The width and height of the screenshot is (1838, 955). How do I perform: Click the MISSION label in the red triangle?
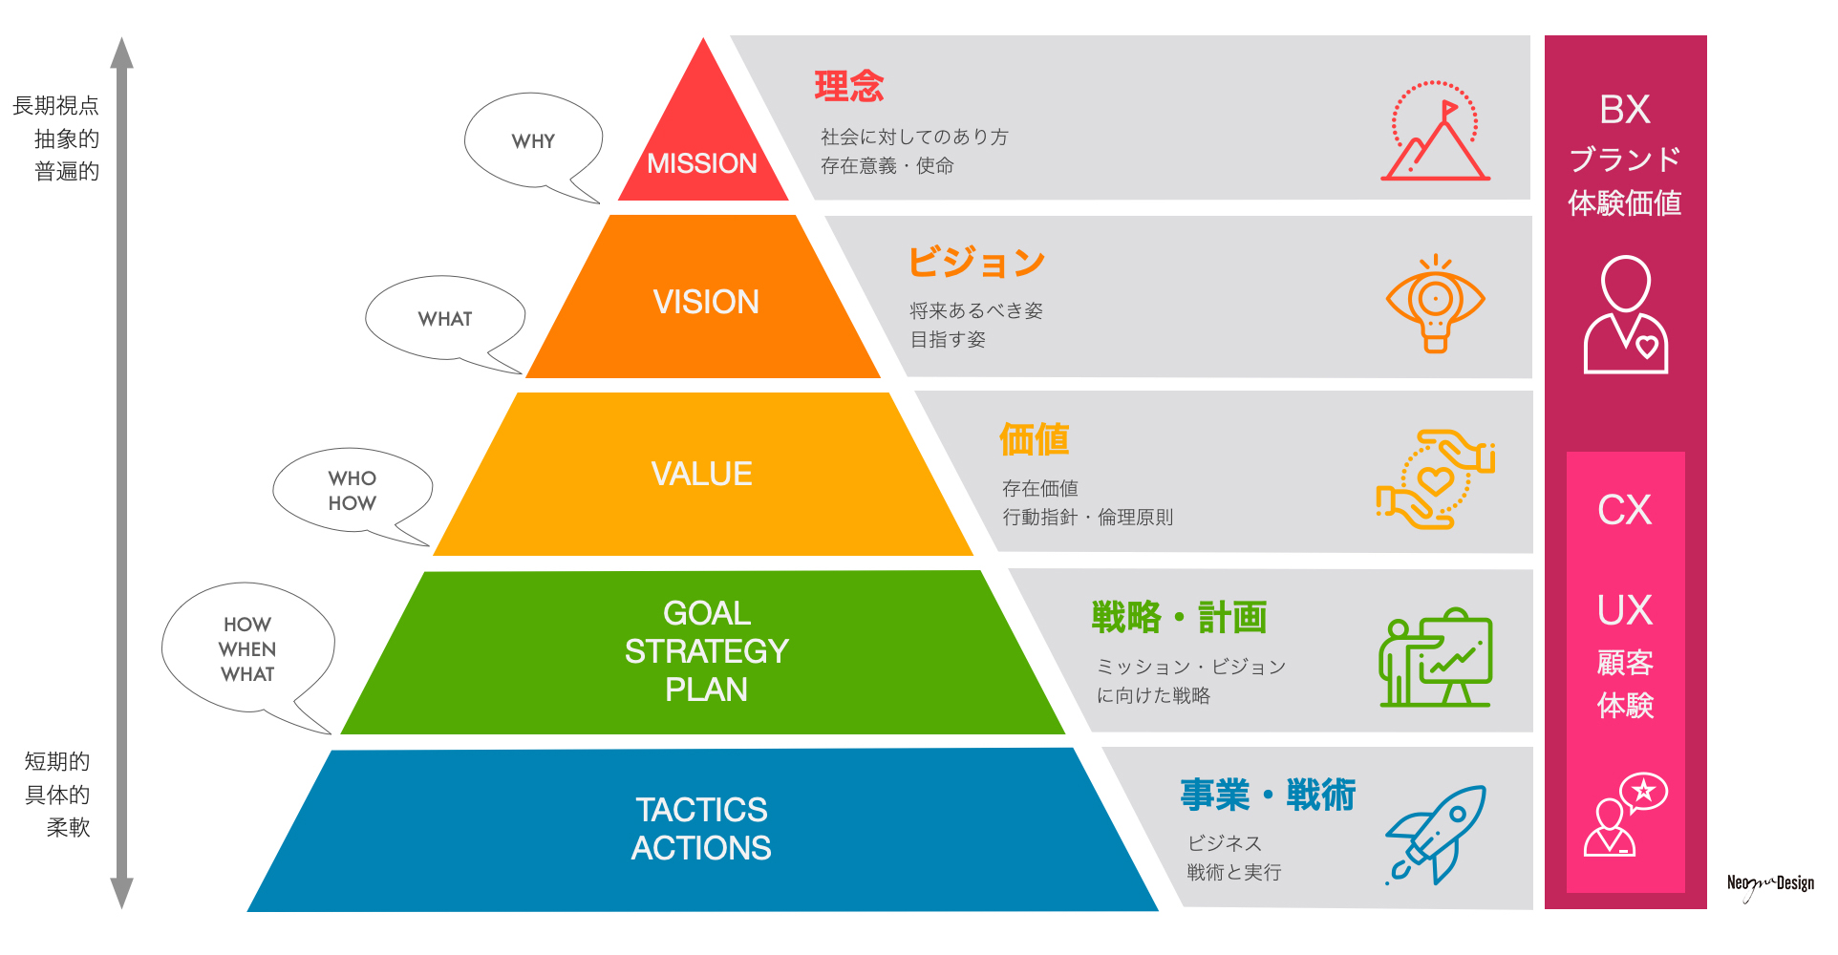coord(702,164)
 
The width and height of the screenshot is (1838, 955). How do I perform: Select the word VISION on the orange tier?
coord(706,303)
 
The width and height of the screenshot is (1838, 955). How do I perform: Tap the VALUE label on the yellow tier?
coord(702,475)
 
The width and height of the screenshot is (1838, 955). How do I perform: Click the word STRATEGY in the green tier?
coord(706,651)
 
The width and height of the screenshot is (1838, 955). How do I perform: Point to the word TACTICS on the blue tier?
coord(702,810)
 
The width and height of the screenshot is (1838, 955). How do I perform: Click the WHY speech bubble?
coord(533,141)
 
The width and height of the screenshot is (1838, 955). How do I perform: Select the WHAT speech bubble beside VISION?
coord(445,319)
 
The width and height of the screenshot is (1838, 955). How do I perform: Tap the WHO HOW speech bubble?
coord(353,491)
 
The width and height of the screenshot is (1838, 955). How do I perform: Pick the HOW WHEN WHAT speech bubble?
coord(247,649)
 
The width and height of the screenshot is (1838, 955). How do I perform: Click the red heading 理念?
coord(849,87)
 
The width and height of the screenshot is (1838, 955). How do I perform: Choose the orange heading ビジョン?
coord(976,262)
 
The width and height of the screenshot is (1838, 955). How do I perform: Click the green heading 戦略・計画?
coord(1179,618)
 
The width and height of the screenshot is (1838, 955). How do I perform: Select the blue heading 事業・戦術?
coord(1268,795)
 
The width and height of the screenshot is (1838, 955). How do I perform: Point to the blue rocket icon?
coord(1436,834)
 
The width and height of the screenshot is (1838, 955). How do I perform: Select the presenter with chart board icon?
coord(1436,659)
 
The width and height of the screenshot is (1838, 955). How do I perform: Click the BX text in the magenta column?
coord(1625,110)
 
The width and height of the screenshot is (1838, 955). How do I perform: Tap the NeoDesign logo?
coord(1770,884)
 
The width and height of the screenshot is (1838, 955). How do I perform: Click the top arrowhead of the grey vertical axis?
coord(121,52)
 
